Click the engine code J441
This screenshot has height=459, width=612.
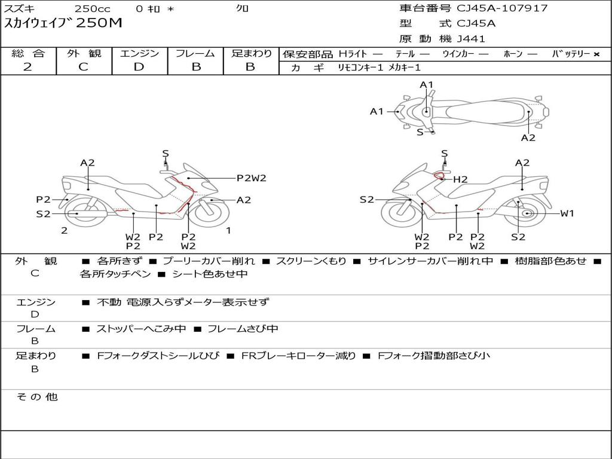coord(471,39)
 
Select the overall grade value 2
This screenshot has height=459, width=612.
coord(27,67)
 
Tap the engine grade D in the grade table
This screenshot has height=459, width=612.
coord(139,67)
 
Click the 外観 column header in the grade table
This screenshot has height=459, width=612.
coord(84,53)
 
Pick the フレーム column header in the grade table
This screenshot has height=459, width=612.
coord(195,53)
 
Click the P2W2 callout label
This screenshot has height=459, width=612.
coord(251,178)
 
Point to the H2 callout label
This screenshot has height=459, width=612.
coord(460,179)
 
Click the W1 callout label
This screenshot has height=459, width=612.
coord(567,213)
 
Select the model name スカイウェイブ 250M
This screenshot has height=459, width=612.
coord(63,23)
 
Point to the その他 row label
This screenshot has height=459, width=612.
coord(37,397)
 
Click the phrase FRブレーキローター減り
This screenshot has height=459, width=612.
coord(298,356)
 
